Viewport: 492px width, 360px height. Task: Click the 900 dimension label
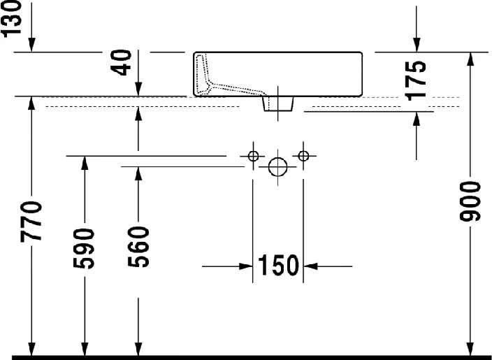[470, 201]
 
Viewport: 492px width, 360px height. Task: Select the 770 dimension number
[31, 222]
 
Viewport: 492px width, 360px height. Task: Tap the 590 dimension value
[84, 249]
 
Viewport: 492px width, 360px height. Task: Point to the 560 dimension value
[138, 247]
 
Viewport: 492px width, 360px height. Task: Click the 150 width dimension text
[278, 266]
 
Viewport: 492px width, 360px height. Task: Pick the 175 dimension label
[415, 80]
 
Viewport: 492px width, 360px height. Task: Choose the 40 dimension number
[121, 62]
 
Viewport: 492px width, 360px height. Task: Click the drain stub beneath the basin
[278, 104]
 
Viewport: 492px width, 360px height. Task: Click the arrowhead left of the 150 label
[246, 266]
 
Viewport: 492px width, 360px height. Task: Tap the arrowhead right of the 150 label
[310, 266]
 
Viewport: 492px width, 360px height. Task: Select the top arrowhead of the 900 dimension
[470, 59]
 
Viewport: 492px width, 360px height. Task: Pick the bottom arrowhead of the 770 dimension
[31, 349]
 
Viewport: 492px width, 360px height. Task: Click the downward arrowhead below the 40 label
[138, 89]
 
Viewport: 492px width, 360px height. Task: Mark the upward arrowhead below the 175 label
[417, 119]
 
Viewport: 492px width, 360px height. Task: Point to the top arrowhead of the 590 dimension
[85, 163]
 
